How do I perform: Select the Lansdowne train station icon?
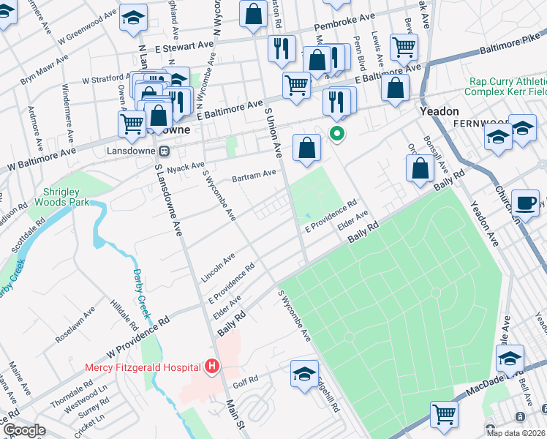coord(165,151)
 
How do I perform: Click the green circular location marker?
coord(337,134)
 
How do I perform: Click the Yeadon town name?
coord(439,110)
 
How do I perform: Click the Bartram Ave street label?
coord(253,176)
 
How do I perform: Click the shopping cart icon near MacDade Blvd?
coord(444,413)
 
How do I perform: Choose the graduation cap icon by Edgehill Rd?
coord(304,374)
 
